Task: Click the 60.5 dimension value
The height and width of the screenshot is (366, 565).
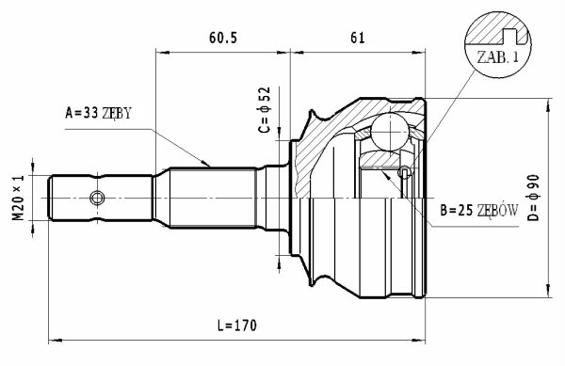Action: click(223, 38)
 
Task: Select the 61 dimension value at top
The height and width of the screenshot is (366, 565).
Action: click(358, 38)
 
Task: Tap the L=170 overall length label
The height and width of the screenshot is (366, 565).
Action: click(237, 326)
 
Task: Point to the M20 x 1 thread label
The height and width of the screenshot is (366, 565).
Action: click(18, 198)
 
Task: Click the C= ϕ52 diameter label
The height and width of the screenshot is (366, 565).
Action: click(265, 109)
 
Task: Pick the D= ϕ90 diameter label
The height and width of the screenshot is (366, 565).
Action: click(533, 198)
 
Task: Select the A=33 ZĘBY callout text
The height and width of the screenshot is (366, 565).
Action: click(98, 113)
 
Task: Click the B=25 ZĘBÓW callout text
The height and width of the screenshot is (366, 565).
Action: click(479, 211)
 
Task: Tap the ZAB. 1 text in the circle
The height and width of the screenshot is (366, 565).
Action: click(497, 56)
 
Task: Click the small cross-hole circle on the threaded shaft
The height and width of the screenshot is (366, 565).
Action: click(97, 198)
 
